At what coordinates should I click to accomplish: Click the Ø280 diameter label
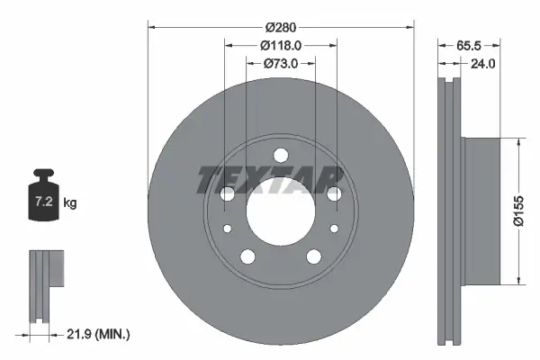point(280,27)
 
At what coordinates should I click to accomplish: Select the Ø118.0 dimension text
point(280,45)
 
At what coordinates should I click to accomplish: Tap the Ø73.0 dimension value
point(280,63)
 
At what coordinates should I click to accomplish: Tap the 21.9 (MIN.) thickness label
point(100,334)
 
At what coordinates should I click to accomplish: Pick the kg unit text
point(70,203)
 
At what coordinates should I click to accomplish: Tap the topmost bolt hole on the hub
point(280,155)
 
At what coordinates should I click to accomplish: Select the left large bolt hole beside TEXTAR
point(227,194)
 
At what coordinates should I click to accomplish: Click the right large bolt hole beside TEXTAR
point(334,194)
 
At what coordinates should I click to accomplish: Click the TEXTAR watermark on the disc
point(270,179)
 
